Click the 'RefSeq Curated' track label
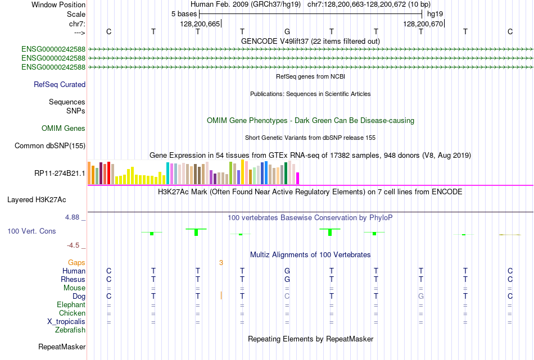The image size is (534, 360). point(60,85)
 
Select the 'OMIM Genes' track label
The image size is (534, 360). point(64,129)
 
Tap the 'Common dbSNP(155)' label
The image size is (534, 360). point(50,146)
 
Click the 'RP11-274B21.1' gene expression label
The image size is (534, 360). point(60,173)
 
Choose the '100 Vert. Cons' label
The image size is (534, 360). point(31,231)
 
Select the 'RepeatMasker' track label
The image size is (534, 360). point(62,347)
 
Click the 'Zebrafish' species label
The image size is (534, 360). point(71,330)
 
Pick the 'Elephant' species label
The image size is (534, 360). point(71,304)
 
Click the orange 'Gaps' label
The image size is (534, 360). point(76,262)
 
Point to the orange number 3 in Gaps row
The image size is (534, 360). point(221,262)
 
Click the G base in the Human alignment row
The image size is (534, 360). point(287,271)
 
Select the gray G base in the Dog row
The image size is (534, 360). point(420,296)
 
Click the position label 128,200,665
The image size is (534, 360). point(200,24)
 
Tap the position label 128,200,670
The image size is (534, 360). point(423,24)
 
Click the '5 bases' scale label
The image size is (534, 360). point(183,13)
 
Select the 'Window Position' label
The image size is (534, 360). point(58,4)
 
